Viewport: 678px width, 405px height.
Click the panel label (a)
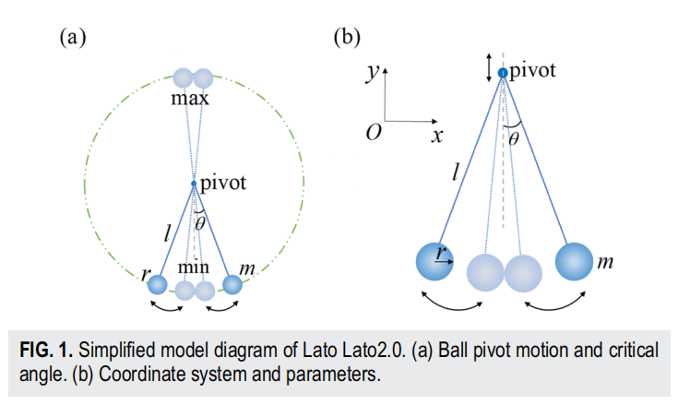pyautogui.click(x=73, y=37)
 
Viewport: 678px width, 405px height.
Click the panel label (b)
pyautogui.click(x=347, y=37)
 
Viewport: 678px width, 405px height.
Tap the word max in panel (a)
pyautogui.click(x=190, y=99)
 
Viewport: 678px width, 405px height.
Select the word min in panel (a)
pyautogui.click(x=194, y=268)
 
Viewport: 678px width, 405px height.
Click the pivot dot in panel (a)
pyautogui.click(x=194, y=184)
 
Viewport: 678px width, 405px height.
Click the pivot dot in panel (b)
pyautogui.click(x=503, y=73)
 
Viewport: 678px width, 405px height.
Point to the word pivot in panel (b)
pyautogui.click(x=533, y=71)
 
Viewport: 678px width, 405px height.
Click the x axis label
pyautogui.click(x=437, y=137)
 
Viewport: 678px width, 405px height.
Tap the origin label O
pyautogui.click(x=374, y=132)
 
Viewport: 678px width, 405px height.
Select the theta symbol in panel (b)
pyautogui.click(x=514, y=139)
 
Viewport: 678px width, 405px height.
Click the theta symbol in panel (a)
pyautogui.click(x=200, y=224)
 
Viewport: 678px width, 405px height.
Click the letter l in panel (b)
pyautogui.click(x=456, y=172)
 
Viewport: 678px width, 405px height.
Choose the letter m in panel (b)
pyautogui.click(x=605, y=262)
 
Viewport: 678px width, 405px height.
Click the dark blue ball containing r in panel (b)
pyautogui.click(x=434, y=261)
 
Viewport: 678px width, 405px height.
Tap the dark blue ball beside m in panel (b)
pyautogui.click(x=574, y=261)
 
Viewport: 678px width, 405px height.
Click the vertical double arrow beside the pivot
pyautogui.click(x=489, y=67)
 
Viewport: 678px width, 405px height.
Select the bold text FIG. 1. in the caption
pyautogui.click(x=46, y=350)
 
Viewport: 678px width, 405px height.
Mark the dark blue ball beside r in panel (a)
pyautogui.click(x=158, y=285)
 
